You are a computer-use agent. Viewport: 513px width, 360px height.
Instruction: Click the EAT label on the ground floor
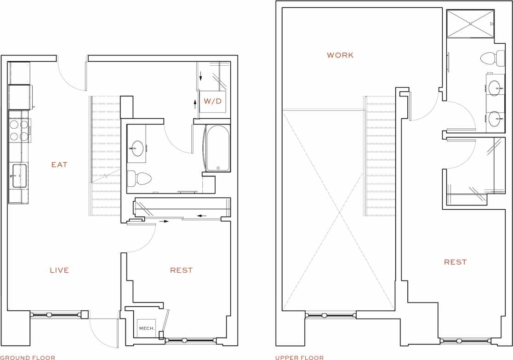pos(59,165)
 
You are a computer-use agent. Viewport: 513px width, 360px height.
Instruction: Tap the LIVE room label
pos(59,270)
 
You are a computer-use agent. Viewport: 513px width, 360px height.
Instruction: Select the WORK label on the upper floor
pos(340,55)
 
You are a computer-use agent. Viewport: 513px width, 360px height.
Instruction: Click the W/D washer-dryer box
pos(212,101)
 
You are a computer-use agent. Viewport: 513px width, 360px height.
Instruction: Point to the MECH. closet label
pos(147,328)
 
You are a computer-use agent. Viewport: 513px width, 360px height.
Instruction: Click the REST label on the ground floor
pos(181,270)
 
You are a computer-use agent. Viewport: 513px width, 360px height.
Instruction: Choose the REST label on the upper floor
pos(455,262)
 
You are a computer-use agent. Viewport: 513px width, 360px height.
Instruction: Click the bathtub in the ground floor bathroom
pos(217,148)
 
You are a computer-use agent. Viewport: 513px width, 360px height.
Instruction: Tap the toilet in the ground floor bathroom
pos(140,178)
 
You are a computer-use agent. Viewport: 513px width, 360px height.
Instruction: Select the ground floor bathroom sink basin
pos(137,148)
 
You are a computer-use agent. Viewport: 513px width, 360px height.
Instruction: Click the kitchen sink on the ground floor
pos(19,176)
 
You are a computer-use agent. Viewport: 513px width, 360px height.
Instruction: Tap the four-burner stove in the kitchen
pos(19,130)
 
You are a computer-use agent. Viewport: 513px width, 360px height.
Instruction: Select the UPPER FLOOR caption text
pos(299,357)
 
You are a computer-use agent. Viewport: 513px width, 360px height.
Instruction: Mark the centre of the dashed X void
pos(339,212)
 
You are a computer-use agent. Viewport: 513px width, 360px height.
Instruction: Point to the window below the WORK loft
pos(331,315)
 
